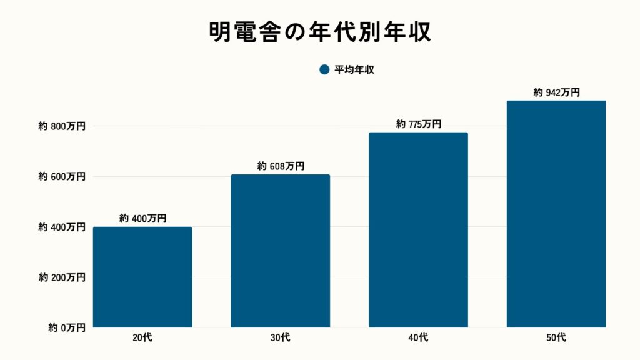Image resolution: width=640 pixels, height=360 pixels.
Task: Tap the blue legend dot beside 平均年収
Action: [x=324, y=70]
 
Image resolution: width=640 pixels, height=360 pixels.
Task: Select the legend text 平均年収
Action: [x=354, y=70]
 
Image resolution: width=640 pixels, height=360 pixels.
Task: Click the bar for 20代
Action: [x=142, y=277]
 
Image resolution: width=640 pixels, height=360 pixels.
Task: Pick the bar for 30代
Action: [x=280, y=251]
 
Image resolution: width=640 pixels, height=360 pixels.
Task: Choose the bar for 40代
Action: [x=418, y=229]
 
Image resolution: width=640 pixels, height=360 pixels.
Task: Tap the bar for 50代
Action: [x=556, y=214]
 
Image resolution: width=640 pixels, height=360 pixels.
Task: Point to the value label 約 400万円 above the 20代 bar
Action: [x=142, y=219]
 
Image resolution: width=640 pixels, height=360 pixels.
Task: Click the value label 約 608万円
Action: [x=280, y=166]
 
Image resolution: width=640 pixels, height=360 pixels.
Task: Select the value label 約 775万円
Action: [x=418, y=124]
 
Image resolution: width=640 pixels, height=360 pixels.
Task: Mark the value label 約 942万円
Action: [x=556, y=92]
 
